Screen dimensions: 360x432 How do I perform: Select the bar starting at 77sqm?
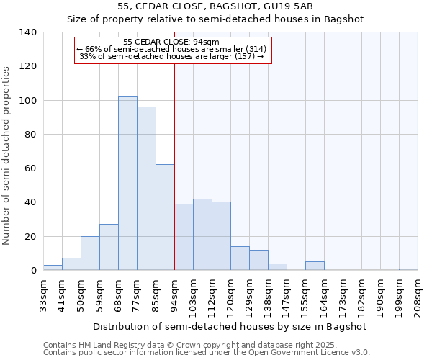tap(146, 189)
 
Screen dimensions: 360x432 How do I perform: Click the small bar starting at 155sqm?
tap(315, 266)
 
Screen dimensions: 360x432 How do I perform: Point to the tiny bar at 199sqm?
tap(408, 269)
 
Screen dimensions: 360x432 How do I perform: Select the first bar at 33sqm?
tap(53, 268)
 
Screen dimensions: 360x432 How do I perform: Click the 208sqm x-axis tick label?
tap(418, 296)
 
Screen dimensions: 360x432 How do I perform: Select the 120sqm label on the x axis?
tap(231, 296)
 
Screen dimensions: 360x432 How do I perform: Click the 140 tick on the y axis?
tap(28, 32)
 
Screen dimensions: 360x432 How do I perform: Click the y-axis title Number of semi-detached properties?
tap(7, 155)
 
